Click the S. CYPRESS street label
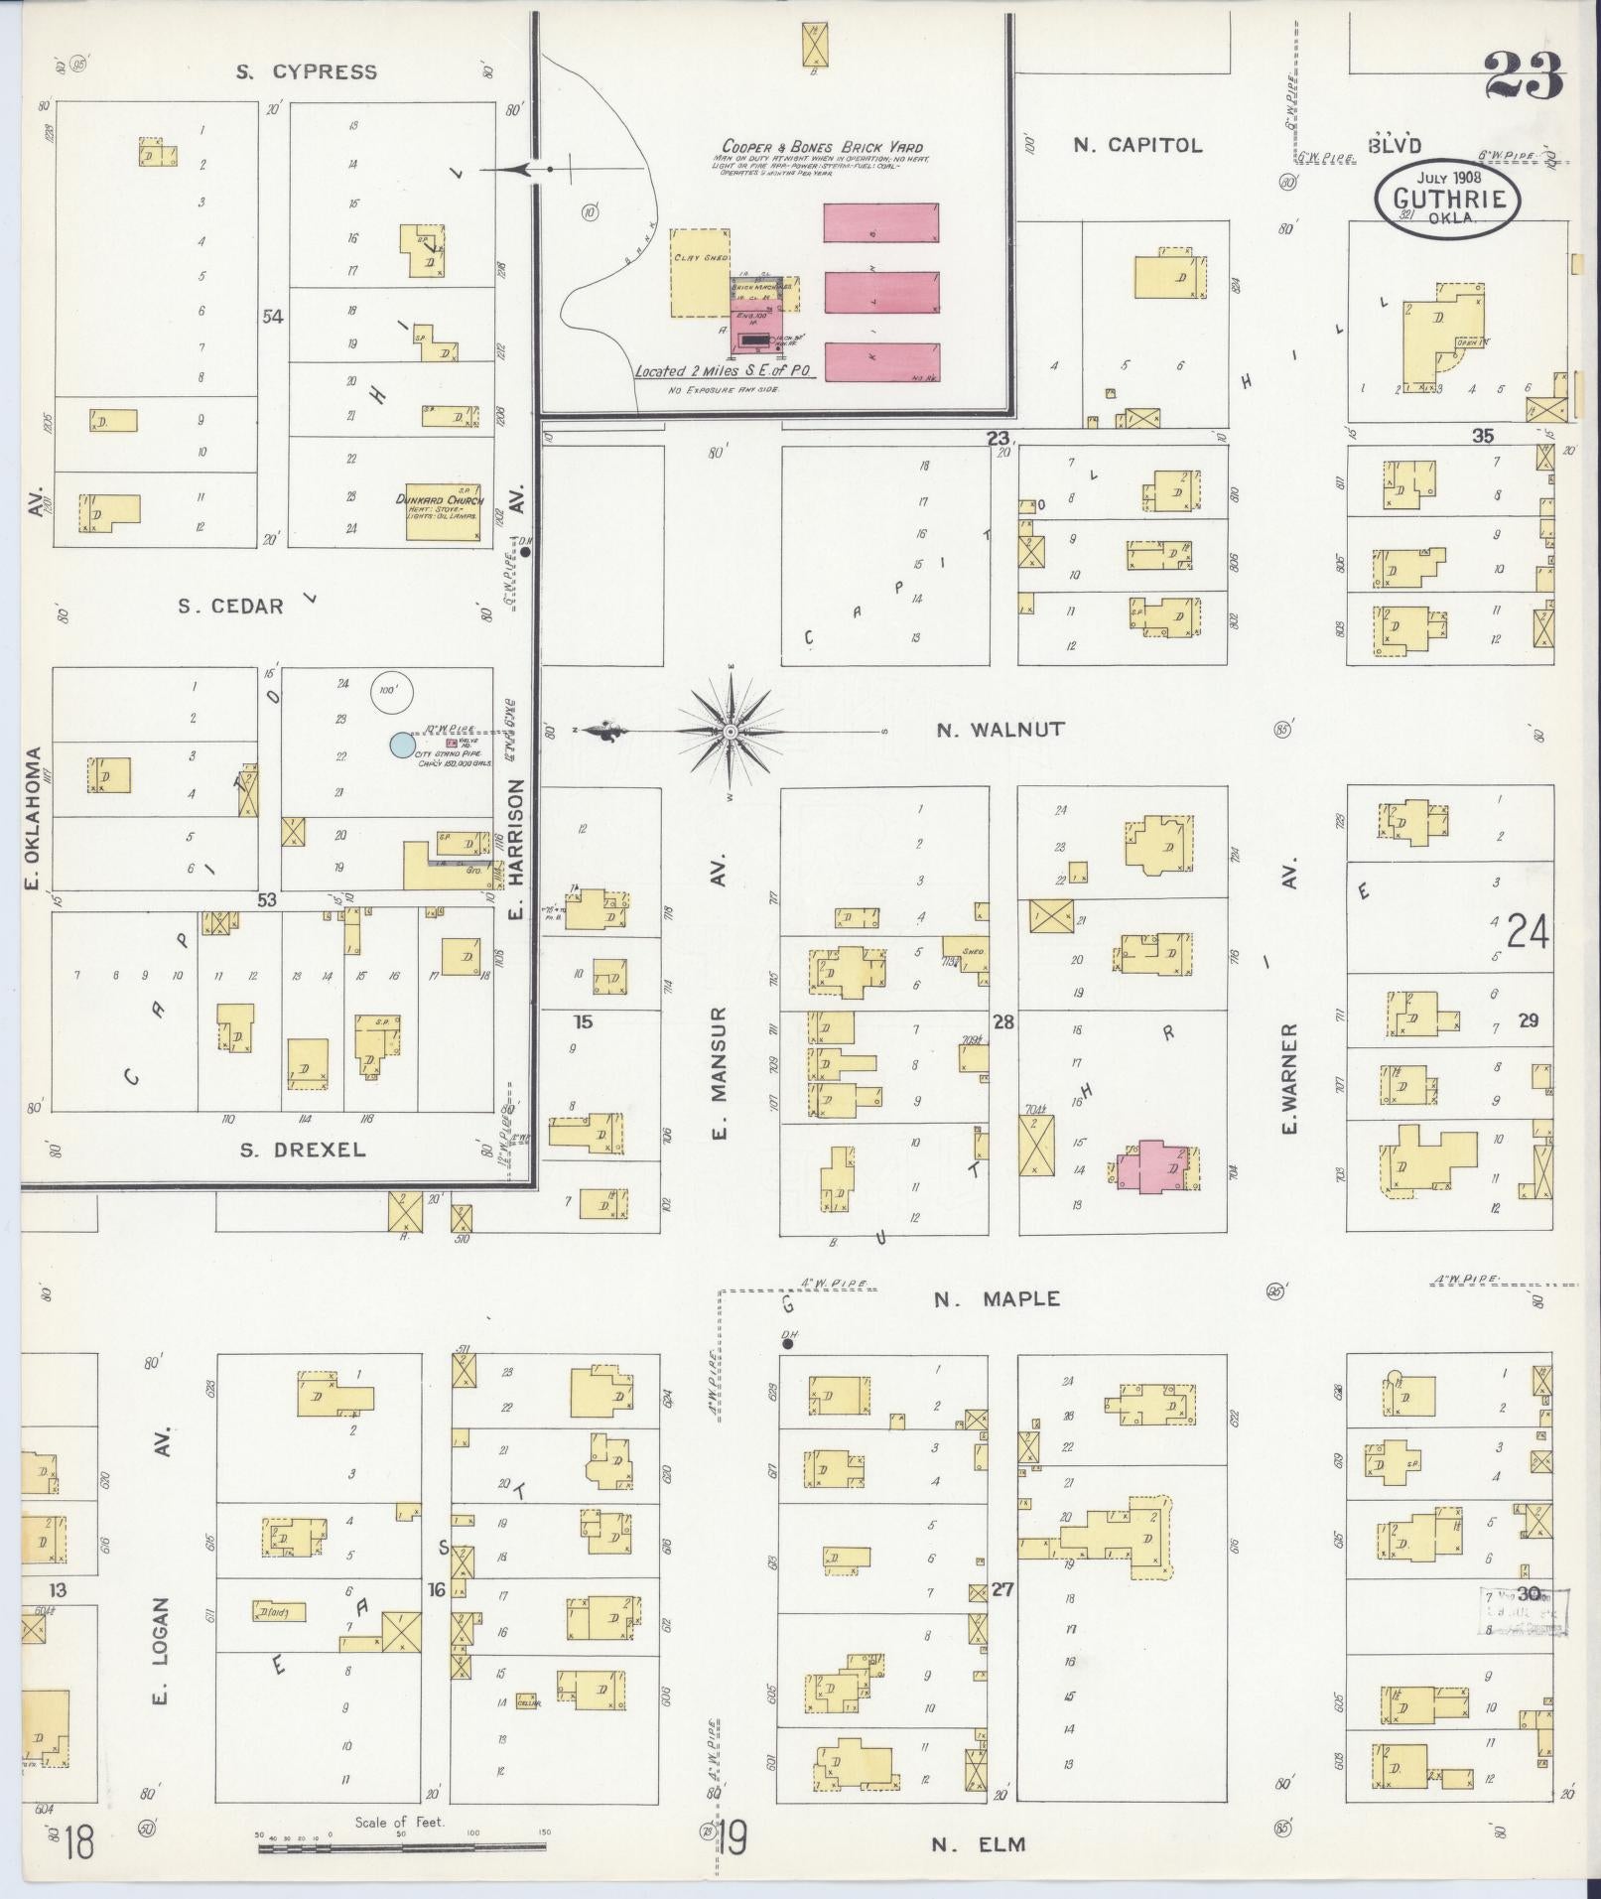point(306,71)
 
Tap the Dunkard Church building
point(444,511)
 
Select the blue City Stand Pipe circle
point(401,744)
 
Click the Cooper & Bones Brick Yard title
point(822,147)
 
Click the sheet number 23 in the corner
point(1524,75)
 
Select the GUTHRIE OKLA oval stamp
point(1446,200)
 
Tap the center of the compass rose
point(731,732)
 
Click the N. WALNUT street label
point(1001,730)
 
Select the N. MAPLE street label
point(997,1298)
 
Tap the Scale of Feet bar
point(401,1847)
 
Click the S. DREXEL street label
point(303,1151)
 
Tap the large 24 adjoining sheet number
point(1528,933)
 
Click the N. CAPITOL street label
point(1137,145)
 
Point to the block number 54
point(272,317)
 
